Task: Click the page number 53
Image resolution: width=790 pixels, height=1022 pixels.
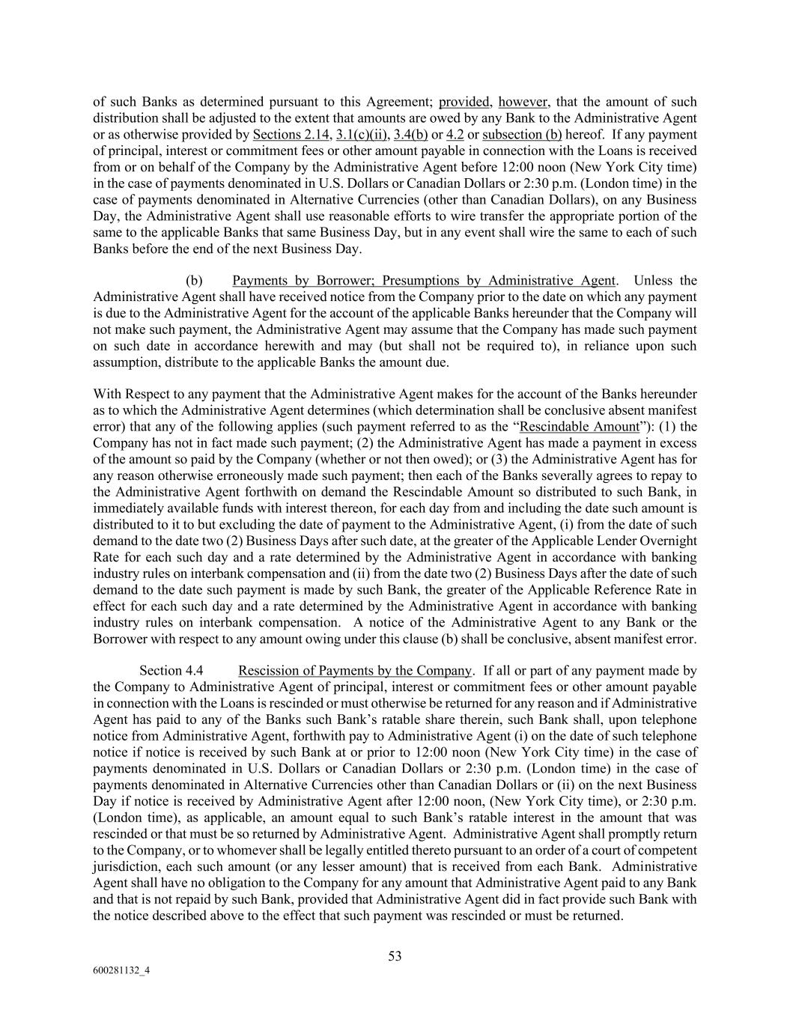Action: pos(395,956)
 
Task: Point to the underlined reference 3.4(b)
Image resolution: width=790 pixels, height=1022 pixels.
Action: pos(410,135)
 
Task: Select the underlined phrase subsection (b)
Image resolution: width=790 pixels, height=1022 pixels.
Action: pos(522,135)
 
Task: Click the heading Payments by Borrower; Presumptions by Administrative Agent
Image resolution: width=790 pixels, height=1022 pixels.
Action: pos(424,281)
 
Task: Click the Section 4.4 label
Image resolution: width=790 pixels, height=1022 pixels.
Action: pos(171,671)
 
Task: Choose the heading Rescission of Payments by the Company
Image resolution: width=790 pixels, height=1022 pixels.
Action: pos(355,671)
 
